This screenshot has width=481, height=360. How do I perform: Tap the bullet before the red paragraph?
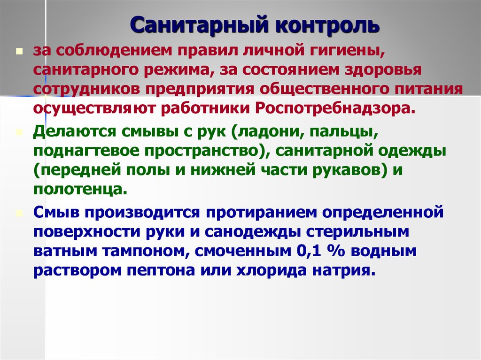click(20, 51)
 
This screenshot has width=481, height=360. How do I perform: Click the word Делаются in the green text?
click(75, 132)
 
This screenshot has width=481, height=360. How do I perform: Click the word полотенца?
click(80, 190)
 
